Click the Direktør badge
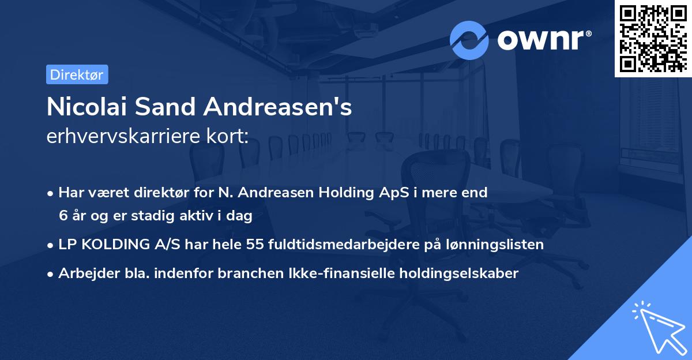pos(77,74)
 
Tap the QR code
pos(653,38)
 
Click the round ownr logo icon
pos(469,40)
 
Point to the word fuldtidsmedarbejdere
pos(334,245)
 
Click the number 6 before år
pos(63,216)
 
